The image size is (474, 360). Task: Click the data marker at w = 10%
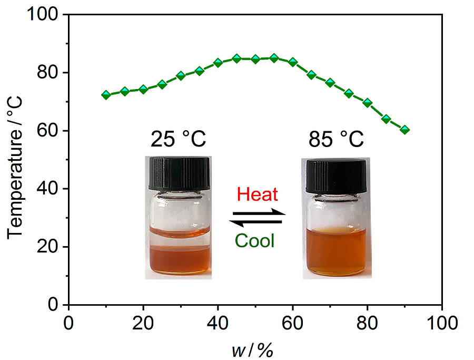click(x=106, y=95)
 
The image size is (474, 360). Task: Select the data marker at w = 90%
click(x=404, y=130)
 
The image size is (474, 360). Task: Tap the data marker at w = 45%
click(x=236, y=59)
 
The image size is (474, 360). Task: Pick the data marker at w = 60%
click(x=293, y=62)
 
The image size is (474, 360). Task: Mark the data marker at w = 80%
click(x=367, y=102)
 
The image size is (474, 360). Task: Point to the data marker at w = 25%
click(x=162, y=84)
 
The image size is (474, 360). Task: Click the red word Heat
click(x=257, y=194)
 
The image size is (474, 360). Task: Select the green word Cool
click(x=255, y=241)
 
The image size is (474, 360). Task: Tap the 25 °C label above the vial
click(x=178, y=141)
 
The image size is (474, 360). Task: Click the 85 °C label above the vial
click(x=336, y=141)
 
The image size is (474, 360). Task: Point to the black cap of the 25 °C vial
click(x=179, y=173)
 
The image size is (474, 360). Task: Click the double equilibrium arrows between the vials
click(x=258, y=218)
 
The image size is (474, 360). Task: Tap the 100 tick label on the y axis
click(x=45, y=15)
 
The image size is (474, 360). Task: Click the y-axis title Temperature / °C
click(x=16, y=160)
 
